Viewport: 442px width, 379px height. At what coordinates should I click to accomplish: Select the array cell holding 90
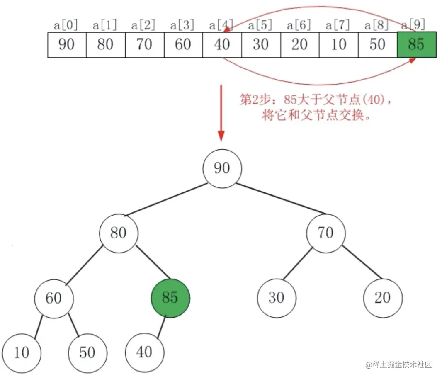67,44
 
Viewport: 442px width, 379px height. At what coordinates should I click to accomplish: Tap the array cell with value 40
222,44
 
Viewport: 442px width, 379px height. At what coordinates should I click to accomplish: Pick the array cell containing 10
338,44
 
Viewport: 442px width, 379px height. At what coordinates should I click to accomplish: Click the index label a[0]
66,25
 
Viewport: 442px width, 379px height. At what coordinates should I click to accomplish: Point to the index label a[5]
260,25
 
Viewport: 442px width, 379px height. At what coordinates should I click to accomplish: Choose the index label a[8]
377,25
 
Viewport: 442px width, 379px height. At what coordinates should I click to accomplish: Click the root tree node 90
222,168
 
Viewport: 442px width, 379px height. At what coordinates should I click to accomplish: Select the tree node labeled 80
119,233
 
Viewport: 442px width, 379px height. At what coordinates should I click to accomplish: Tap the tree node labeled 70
326,233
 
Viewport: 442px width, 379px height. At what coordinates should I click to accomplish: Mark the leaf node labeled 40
145,352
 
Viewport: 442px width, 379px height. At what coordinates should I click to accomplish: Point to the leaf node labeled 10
22,352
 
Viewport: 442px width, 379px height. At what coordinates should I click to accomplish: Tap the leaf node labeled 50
87,352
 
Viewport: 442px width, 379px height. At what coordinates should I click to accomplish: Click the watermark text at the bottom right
399,365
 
